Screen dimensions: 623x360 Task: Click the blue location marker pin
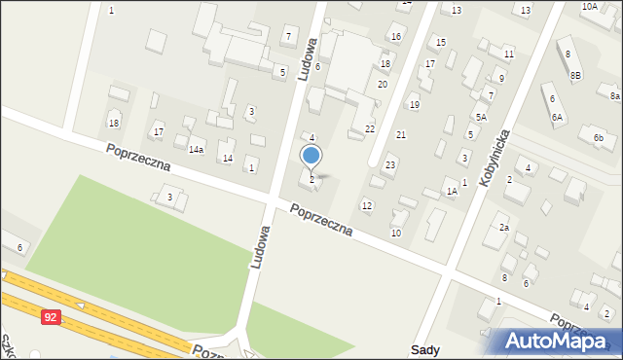pos(311,156)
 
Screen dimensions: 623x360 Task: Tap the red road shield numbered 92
pos(50,316)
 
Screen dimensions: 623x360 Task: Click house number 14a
pos(196,149)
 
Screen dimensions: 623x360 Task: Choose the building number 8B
pos(575,75)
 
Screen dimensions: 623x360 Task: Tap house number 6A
pos(557,117)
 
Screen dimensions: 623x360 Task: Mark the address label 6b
pos(598,138)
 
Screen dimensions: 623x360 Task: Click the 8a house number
pos(614,96)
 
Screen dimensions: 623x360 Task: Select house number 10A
pos(590,7)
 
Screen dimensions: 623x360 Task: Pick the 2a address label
pos(504,227)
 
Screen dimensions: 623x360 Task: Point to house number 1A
pos(451,192)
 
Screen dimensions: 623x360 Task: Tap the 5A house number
pos(481,117)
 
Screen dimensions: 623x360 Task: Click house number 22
pos(370,128)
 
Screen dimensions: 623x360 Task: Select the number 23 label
pos(390,165)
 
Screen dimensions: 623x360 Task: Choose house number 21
pos(400,134)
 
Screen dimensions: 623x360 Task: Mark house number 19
pos(414,104)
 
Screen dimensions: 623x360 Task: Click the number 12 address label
pos(366,205)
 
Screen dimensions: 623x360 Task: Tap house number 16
pos(395,37)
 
